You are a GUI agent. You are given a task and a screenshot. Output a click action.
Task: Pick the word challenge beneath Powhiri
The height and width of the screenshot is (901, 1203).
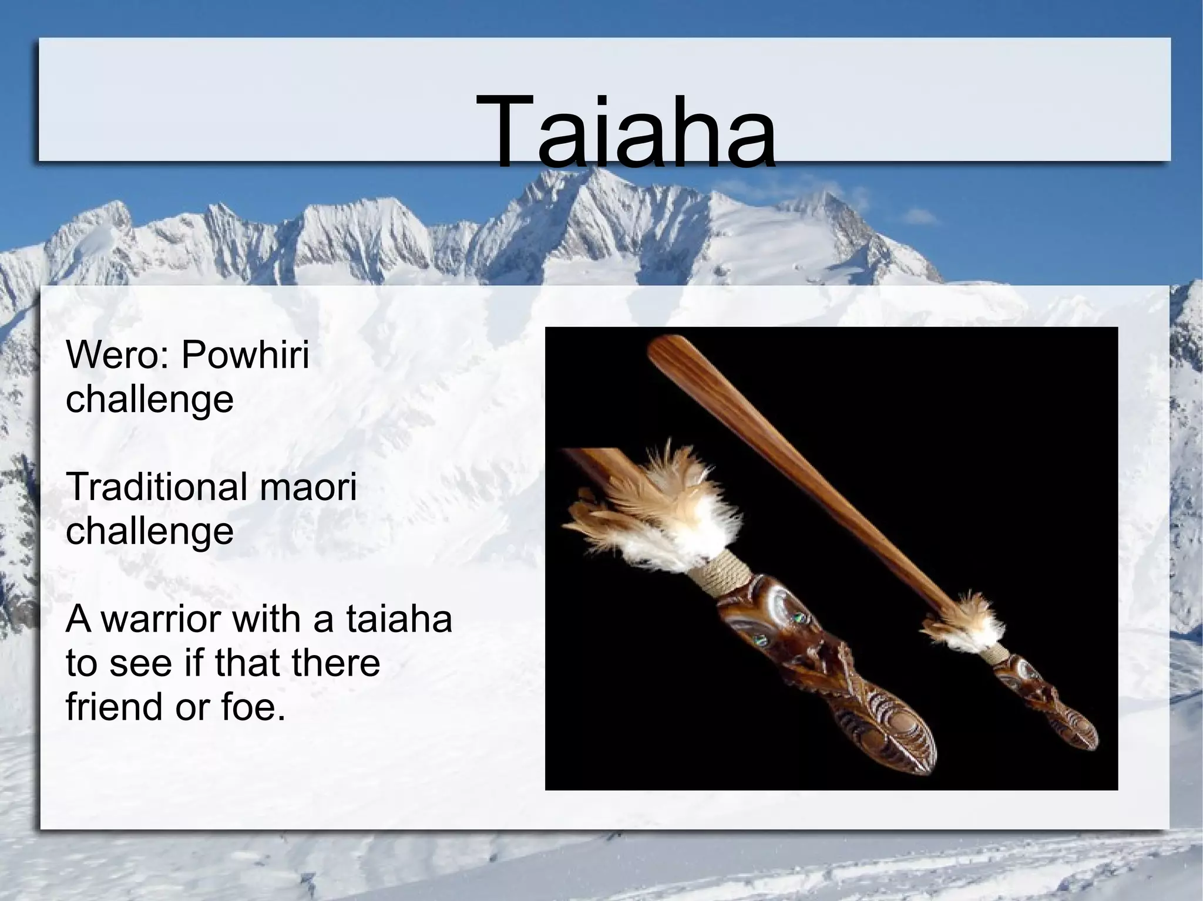[150, 399]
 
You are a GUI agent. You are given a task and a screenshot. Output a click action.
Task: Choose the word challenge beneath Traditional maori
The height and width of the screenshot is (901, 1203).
[150, 531]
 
